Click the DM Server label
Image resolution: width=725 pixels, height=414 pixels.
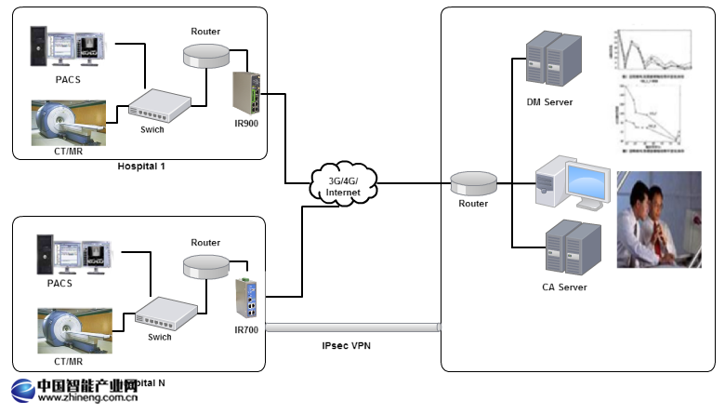click(x=549, y=101)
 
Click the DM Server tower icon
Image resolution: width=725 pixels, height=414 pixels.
click(x=552, y=60)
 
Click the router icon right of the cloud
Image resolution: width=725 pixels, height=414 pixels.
click(x=472, y=181)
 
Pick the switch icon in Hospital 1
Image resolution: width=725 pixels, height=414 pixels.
click(x=158, y=102)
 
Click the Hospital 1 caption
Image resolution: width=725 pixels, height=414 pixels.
click(x=141, y=167)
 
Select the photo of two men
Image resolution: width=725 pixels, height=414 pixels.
click(x=659, y=220)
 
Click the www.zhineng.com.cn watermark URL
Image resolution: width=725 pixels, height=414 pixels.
click(x=88, y=399)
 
